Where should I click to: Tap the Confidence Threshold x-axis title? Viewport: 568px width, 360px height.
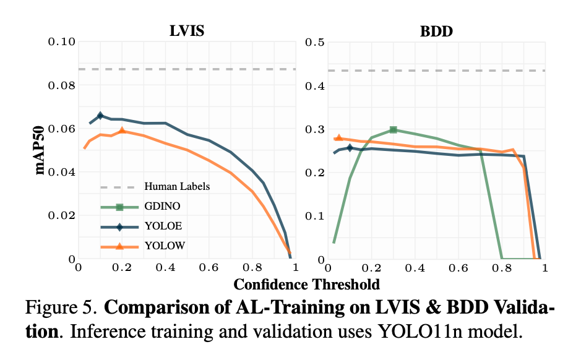coord(306,285)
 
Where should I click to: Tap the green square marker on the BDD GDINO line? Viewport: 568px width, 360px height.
coord(393,130)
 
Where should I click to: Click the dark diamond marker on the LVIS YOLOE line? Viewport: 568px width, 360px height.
coord(100,115)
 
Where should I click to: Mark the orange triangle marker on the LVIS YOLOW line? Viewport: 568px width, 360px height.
coord(122,130)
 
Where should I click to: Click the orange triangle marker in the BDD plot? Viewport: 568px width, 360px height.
coord(338,137)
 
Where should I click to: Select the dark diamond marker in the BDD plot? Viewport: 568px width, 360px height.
coord(350,148)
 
